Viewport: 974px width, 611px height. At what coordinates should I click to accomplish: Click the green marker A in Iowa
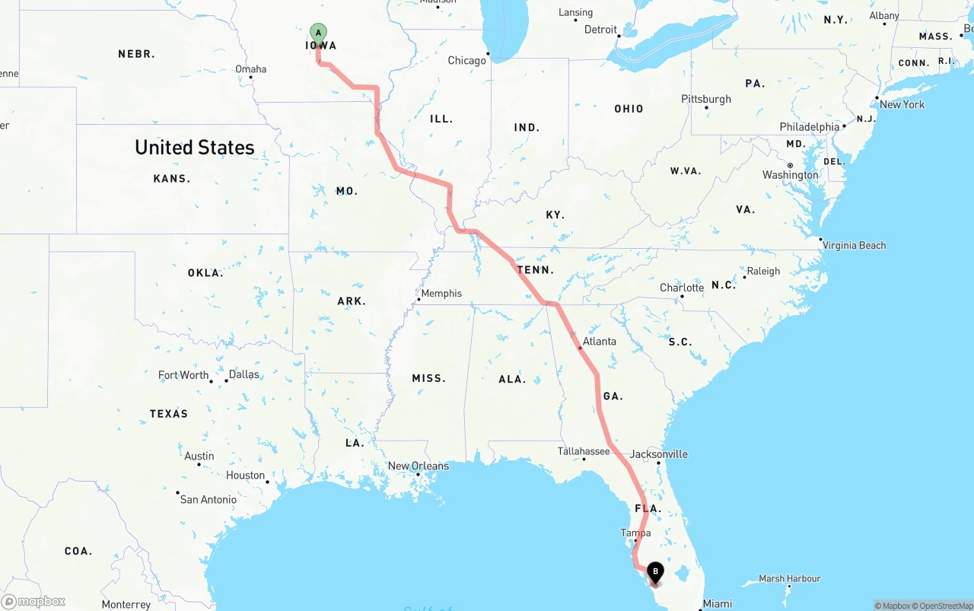318,33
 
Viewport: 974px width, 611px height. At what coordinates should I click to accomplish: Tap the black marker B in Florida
654,572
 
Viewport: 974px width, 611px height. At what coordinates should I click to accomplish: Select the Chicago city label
466,61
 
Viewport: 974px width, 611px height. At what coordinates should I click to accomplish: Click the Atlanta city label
600,341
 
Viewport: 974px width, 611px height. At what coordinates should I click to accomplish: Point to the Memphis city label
441,294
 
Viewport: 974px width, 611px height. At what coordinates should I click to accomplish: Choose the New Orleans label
419,466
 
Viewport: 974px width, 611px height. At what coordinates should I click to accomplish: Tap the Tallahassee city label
584,451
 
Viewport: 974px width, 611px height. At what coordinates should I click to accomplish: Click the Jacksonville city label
659,454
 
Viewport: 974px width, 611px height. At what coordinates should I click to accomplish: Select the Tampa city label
635,533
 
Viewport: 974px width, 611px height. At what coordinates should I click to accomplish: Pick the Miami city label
718,603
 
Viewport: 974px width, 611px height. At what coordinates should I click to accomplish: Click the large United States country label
195,148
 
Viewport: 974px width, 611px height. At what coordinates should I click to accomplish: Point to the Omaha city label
251,69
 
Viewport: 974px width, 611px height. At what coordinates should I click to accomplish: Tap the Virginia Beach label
854,245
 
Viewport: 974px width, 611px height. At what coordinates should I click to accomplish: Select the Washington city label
791,175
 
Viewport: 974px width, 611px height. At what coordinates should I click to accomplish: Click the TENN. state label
536,270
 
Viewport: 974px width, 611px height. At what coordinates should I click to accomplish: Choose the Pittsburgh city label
706,99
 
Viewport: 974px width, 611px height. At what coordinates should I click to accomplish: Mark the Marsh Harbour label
790,579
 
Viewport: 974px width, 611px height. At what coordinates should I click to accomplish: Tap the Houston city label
245,476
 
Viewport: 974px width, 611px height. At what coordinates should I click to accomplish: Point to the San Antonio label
208,499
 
